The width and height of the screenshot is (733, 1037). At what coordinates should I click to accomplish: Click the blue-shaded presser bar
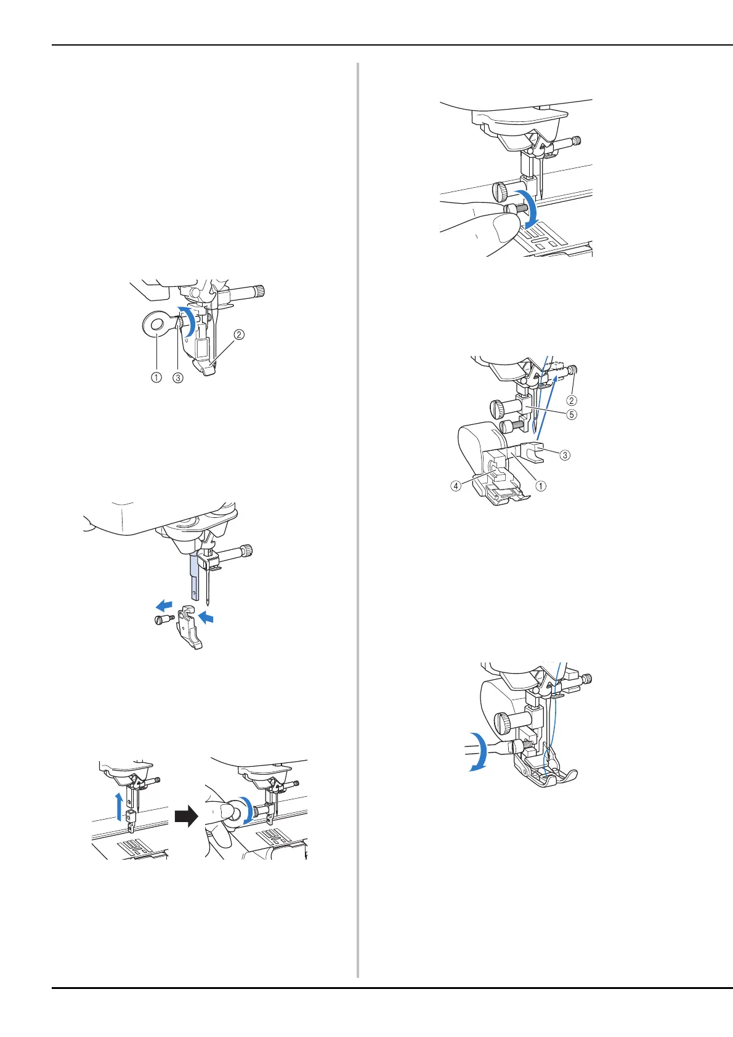pyautogui.click(x=195, y=576)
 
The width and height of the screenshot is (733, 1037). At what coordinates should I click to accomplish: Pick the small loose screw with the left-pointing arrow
pyautogui.click(x=163, y=620)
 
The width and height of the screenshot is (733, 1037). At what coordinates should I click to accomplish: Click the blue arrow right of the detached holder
pyautogui.click(x=211, y=616)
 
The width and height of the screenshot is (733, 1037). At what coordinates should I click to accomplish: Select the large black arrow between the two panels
pyautogui.click(x=186, y=817)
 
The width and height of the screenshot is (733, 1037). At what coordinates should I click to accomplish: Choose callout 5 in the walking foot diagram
pyautogui.click(x=572, y=414)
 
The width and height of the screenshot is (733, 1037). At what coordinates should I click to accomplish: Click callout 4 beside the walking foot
pyautogui.click(x=455, y=485)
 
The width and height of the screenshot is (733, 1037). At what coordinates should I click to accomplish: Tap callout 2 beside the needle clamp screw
pyautogui.click(x=572, y=383)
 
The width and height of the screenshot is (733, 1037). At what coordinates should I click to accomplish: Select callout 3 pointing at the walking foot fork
pyautogui.click(x=564, y=456)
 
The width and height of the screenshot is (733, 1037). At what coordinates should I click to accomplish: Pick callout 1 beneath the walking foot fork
pyautogui.click(x=540, y=485)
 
